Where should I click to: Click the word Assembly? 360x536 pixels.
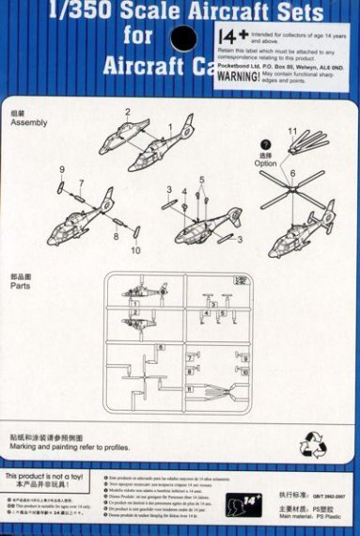(x=27, y=122)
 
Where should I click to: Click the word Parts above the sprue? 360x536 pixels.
(x=22, y=286)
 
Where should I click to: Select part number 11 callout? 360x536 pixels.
(x=292, y=131)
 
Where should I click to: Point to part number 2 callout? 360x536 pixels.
(x=127, y=112)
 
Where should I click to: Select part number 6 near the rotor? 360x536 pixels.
(x=292, y=174)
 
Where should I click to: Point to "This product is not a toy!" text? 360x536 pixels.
(x=49, y=477)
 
